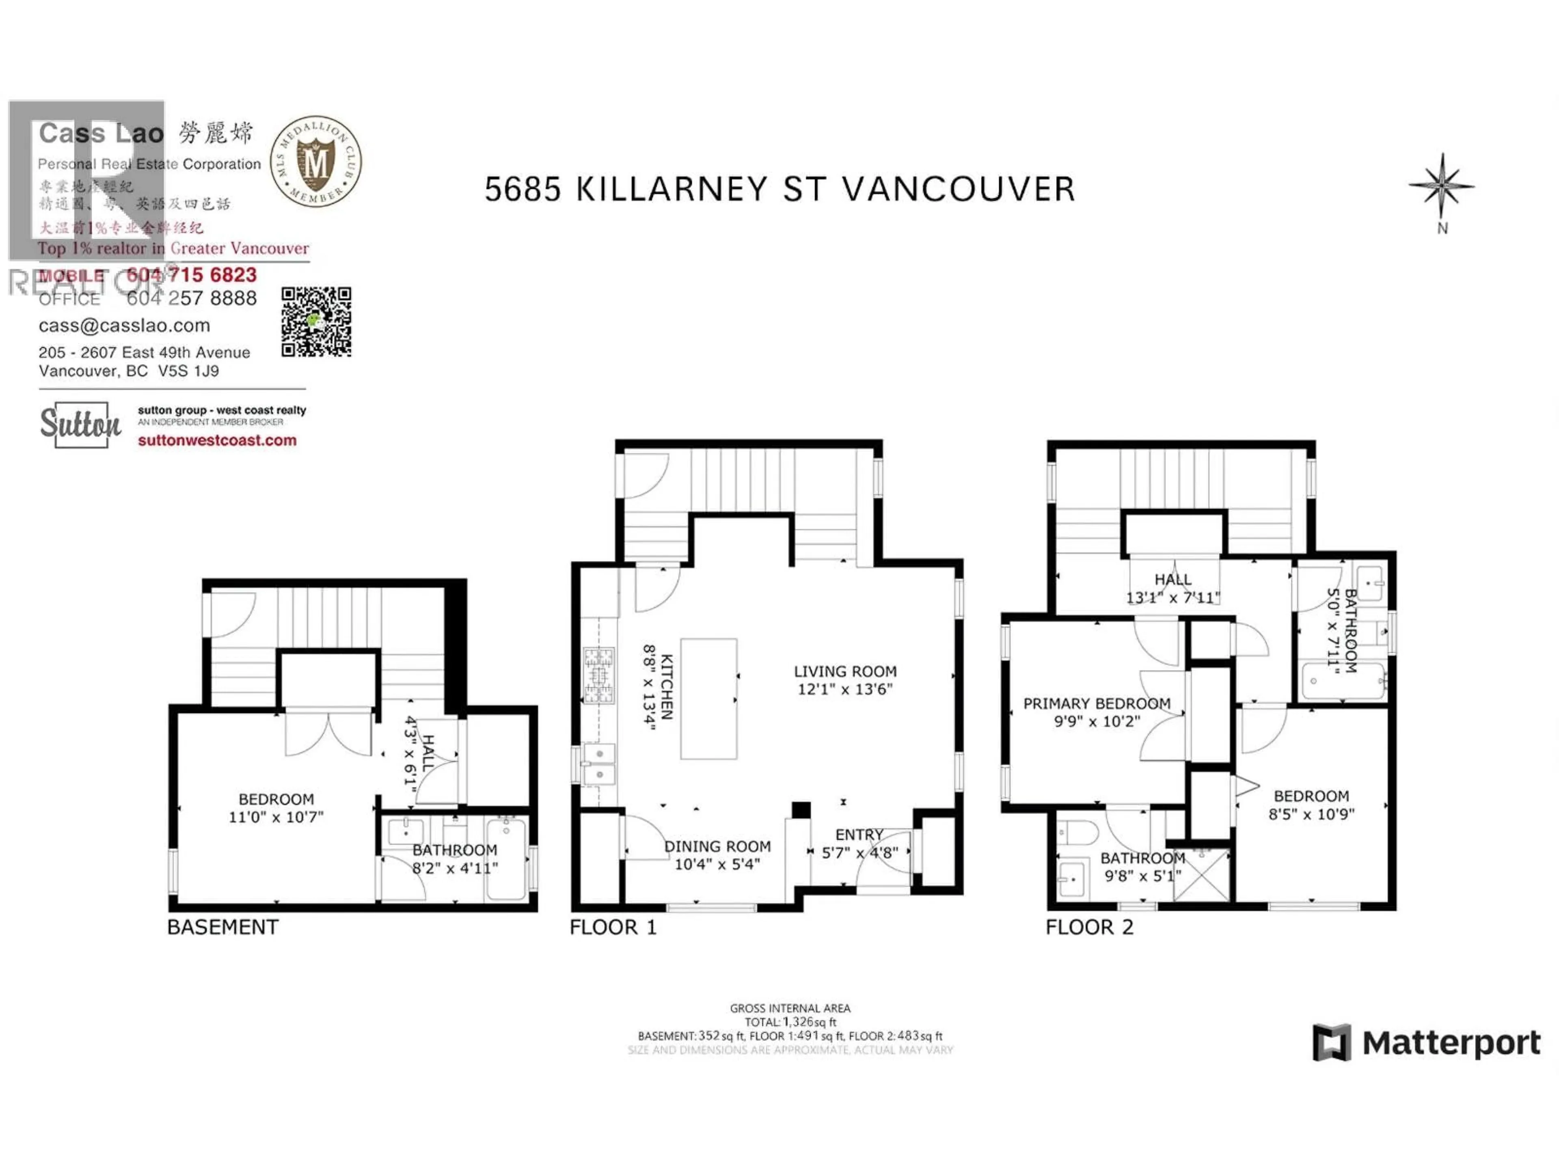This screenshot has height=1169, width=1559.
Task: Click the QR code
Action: (x=316, y=321)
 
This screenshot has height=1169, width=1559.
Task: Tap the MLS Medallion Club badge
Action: (x=316, y=162)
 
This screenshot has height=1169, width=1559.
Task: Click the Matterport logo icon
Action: (x=1331, y=1042)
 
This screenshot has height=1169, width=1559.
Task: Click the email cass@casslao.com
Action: (x=124, y=326)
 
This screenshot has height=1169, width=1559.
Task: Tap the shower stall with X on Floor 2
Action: (x=1201, y=874)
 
